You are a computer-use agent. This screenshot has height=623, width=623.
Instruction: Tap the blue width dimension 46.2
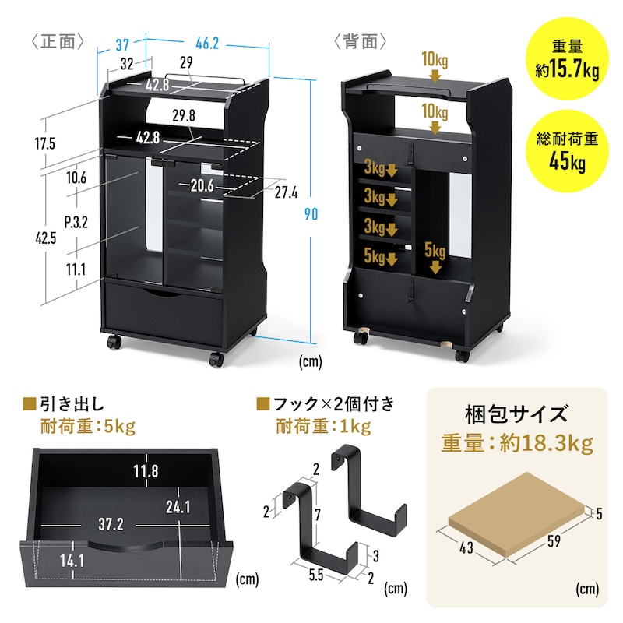coord(206,44)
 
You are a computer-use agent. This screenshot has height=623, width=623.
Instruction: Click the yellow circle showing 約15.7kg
coord(566,63)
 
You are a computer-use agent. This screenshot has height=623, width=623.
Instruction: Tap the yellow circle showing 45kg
coord(566,152)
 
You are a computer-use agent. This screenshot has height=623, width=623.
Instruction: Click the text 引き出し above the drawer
coord(72,403)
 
